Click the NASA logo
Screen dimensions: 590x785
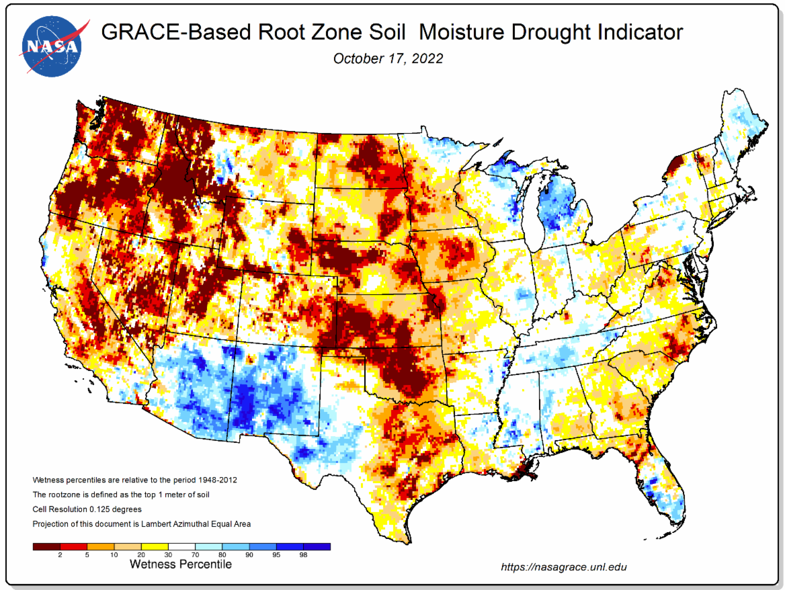pyautogui.click(x=54, y=46)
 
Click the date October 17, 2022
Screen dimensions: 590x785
pyautogui.click(x=388, y=58)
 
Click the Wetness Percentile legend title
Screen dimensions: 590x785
pyautogui.click(x=180, y=564)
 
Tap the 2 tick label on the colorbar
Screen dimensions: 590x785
pyautogui.click(x=60, y=555)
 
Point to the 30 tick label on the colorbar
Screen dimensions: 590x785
pyautogui.click(x=168, y=555)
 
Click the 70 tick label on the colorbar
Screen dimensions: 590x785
pyautogui.click(x=196, y=555)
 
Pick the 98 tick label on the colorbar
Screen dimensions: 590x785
pyautogui.click(x=303, y=555)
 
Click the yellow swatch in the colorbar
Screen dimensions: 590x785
pyautogui.click(x=155, y=547)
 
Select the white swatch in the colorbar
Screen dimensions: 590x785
pyautogui.click(x=181, y=547)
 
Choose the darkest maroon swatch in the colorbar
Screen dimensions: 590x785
pyautogui.click(x=46, y=547)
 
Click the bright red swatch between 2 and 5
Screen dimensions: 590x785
pyautogui.click(x=74, y=547)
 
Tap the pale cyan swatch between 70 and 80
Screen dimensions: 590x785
pyautogui.click(x=208, y=547)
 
